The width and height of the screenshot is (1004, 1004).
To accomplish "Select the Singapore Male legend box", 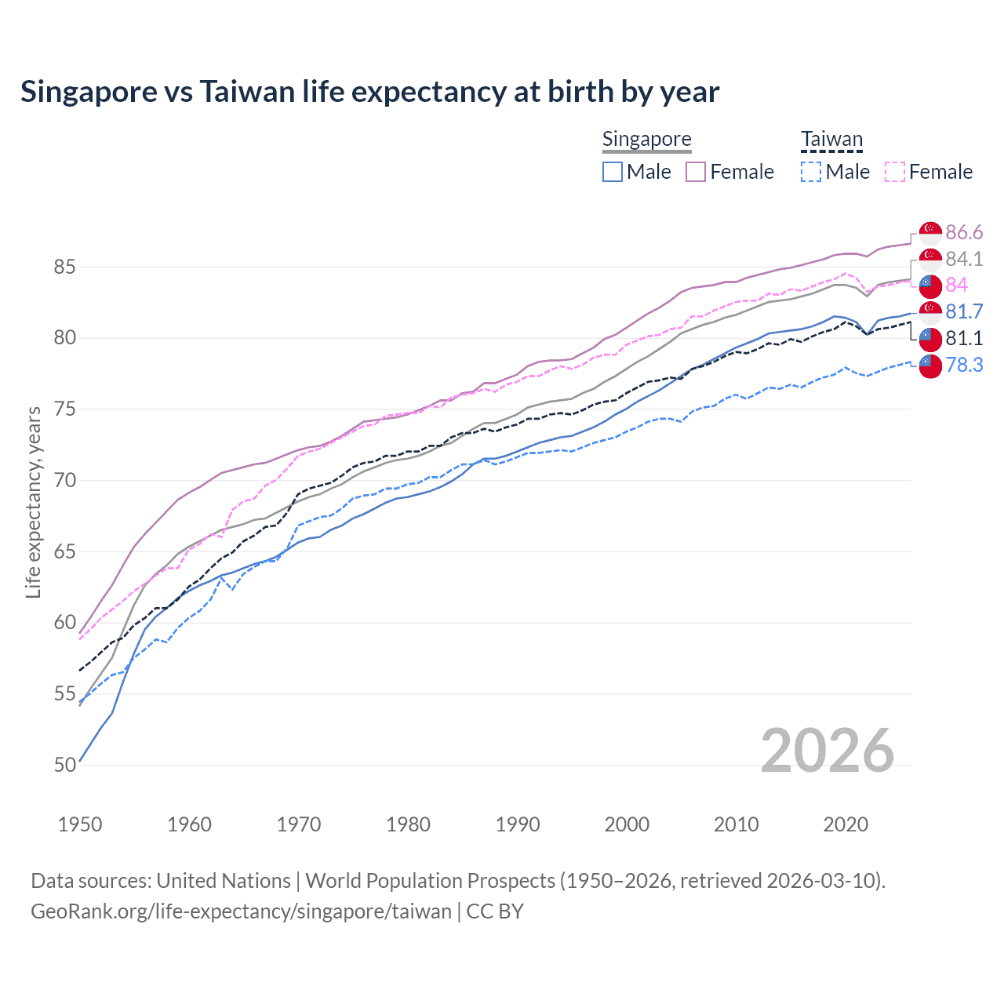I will (613, 172).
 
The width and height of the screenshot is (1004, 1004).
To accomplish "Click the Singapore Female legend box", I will (696, 172).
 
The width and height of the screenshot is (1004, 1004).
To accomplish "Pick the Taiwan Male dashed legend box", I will (811, 172).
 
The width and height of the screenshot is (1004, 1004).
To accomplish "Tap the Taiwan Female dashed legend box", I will (895, 172).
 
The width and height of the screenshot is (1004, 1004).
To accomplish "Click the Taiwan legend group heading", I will (831, 140).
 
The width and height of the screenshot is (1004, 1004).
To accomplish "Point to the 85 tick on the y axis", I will (64, 267).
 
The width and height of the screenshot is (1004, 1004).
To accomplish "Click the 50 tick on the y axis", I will (64, 765).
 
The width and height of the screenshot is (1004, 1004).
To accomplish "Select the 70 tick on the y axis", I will (64, 480).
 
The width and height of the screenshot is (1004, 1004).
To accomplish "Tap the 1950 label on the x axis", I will (80, 824).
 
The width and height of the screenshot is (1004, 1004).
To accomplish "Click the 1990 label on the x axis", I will (518, 824).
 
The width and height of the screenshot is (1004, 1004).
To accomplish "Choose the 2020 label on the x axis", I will (846, 824).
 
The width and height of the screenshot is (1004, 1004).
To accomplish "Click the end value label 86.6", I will (964, 232).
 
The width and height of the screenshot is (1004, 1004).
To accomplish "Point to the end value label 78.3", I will (964, 364).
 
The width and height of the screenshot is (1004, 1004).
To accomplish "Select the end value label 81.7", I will (964, 311).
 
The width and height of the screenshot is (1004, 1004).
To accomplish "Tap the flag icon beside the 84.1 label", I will (930, 259).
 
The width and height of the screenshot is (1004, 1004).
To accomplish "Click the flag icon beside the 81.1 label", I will (930, 338).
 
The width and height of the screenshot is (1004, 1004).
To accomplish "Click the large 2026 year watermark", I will (827, 751).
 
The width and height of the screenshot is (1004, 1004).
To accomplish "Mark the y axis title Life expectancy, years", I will (34, 502).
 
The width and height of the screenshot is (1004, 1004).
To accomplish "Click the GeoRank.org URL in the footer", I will (241, 911).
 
